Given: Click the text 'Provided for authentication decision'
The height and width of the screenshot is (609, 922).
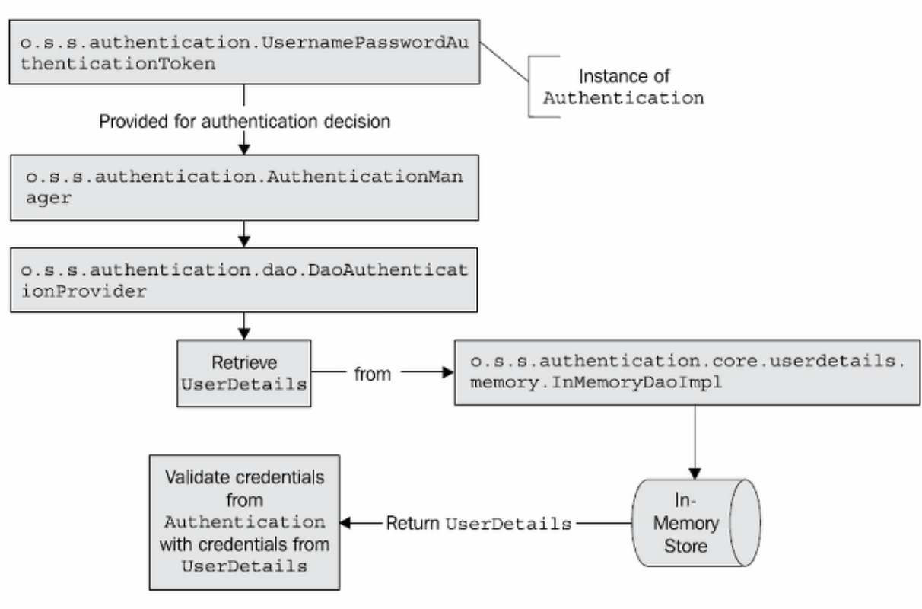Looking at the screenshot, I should point(244,120).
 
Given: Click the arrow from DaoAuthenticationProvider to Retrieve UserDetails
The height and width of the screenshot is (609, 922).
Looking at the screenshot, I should point(243,326).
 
